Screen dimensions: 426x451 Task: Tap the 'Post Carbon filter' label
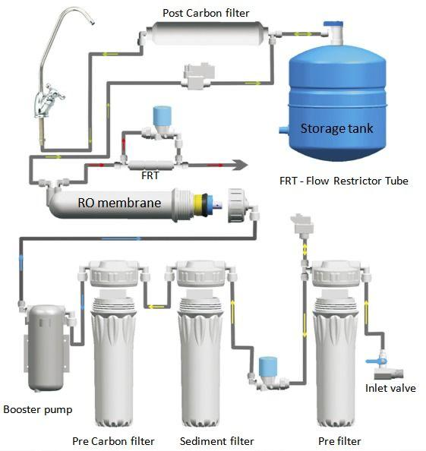[206, 13]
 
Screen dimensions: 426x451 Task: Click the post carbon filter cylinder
[207, 33]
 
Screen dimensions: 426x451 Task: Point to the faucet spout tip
[93, 22]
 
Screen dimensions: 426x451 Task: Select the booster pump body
[46, 348]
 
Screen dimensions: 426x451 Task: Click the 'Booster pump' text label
[38, 410]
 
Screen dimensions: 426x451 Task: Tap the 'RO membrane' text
[119, 203]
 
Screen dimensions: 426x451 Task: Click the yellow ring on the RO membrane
[198, 205]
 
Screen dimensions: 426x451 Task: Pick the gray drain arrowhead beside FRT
[241, 165]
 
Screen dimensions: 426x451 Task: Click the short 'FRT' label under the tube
[150, 175]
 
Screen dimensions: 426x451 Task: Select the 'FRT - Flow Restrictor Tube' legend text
[344, 181]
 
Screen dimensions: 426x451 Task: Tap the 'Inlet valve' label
[390, 388]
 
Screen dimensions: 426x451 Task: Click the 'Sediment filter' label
[217, 441]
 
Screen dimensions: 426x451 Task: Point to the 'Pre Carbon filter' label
[113, 441]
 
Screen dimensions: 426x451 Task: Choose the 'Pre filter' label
[339, 441]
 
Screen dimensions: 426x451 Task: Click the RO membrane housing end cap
[236, 205]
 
